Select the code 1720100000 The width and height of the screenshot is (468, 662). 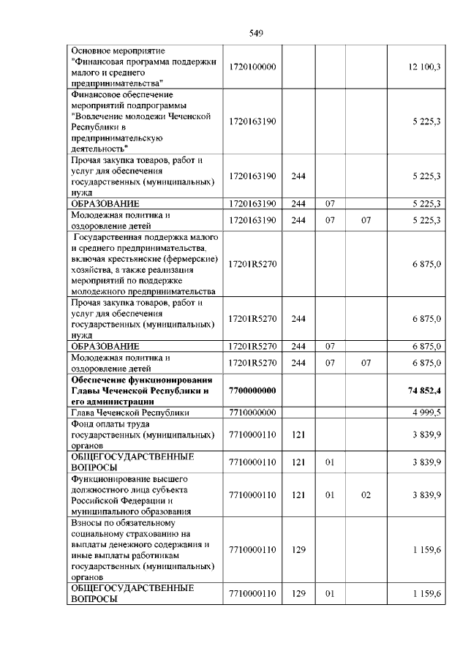click(252, 67)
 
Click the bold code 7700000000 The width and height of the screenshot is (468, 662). click(252, 391)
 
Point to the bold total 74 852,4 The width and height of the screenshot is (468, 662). click(423, 391)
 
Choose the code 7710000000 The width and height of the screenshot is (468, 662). click(252, 413)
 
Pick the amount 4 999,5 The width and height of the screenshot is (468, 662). click(426, 413)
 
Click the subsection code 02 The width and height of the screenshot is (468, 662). click(366, 495)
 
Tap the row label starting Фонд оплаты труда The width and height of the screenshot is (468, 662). click(142, 434)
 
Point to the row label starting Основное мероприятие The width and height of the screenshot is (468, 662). click(142, 67)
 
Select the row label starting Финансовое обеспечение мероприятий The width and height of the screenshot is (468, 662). click(142, 121)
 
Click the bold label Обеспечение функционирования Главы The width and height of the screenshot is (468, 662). click(142, 391)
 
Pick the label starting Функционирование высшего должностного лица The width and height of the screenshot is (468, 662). click(142, 495)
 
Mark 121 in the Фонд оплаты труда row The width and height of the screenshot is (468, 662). click(298, 434)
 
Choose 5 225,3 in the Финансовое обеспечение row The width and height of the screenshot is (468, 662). click(426, 121)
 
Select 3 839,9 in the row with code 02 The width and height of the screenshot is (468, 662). click(426, 495)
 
